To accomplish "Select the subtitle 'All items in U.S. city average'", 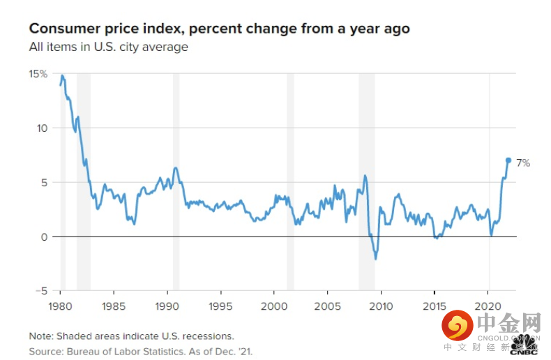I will coord(108,47).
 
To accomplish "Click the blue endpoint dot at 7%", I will coord(508,160).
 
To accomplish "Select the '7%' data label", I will coord(523,163).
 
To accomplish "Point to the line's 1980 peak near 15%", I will coord(62,75).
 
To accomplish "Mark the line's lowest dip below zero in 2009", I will coord(376,259).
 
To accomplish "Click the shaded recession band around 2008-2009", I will coord(367,181).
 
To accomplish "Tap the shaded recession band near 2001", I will coord(290,181).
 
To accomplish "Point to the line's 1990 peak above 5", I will coord(175,167).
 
